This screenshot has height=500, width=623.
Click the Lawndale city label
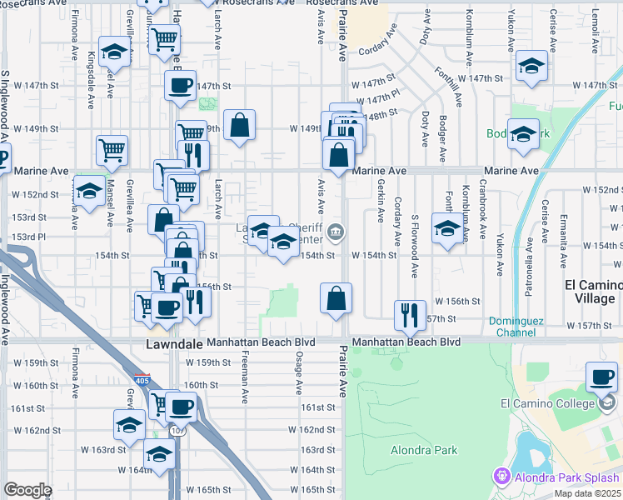point(174,343)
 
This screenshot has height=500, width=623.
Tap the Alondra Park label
point(424,451)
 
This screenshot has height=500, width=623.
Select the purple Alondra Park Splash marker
point(501,477)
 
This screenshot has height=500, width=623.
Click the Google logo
point(27,490)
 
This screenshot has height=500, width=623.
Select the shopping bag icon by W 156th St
point(336,297)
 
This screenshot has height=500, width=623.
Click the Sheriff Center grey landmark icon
point(335,232)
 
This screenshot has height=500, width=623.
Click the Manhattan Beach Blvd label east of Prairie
point(406,342)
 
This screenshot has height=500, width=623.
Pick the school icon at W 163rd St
point(129,425)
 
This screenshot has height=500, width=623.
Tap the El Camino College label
point(546,404)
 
